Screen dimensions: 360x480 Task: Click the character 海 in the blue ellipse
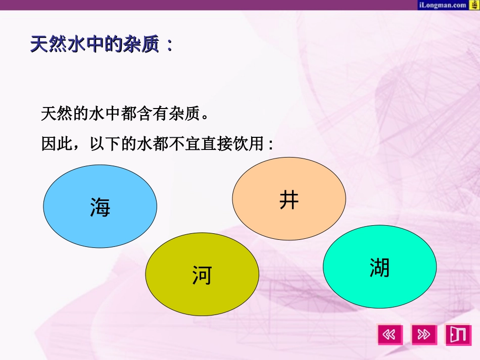[x=100, y=207]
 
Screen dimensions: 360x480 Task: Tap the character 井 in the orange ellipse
[x=289, y=200]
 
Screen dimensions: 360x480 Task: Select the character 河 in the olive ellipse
[x=202, y=275]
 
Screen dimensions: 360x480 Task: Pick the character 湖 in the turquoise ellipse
[x=379, y=267]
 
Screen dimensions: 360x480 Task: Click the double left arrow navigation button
[x=390, y=334]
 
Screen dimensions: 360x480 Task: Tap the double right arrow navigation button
[x=424, y=334]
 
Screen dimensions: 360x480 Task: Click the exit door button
[x=458, y=334]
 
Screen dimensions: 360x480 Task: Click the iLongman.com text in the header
[x=442, y=5]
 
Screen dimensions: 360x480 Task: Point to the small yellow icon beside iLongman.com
[x=474, y=5]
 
